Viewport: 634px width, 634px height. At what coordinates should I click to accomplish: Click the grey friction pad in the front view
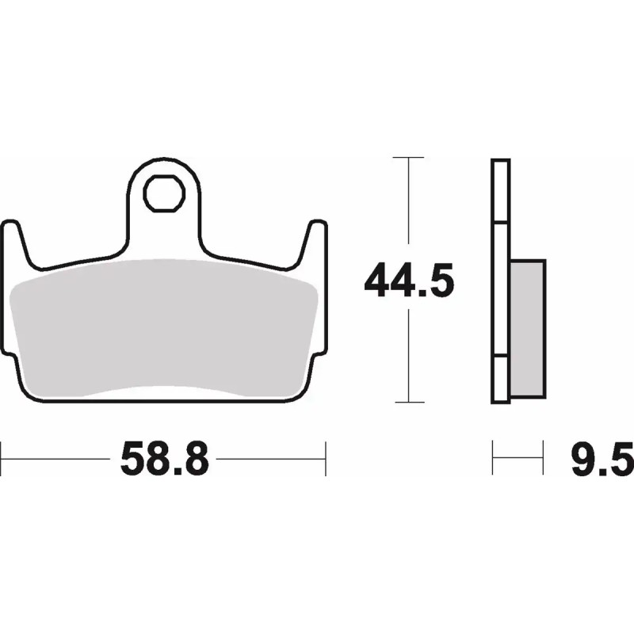(166, 325)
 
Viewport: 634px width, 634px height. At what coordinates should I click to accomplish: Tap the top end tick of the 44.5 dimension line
(408, 158)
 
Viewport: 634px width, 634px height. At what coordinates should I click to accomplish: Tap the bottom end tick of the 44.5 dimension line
(408, 403)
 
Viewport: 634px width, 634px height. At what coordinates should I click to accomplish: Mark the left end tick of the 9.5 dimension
(493, 457)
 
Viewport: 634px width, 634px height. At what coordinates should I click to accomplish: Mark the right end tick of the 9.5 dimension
(544, 457)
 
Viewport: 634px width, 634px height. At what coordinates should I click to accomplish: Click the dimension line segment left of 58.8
(55, 457)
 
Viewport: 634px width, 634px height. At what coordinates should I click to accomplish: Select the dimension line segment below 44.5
(408, 357)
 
